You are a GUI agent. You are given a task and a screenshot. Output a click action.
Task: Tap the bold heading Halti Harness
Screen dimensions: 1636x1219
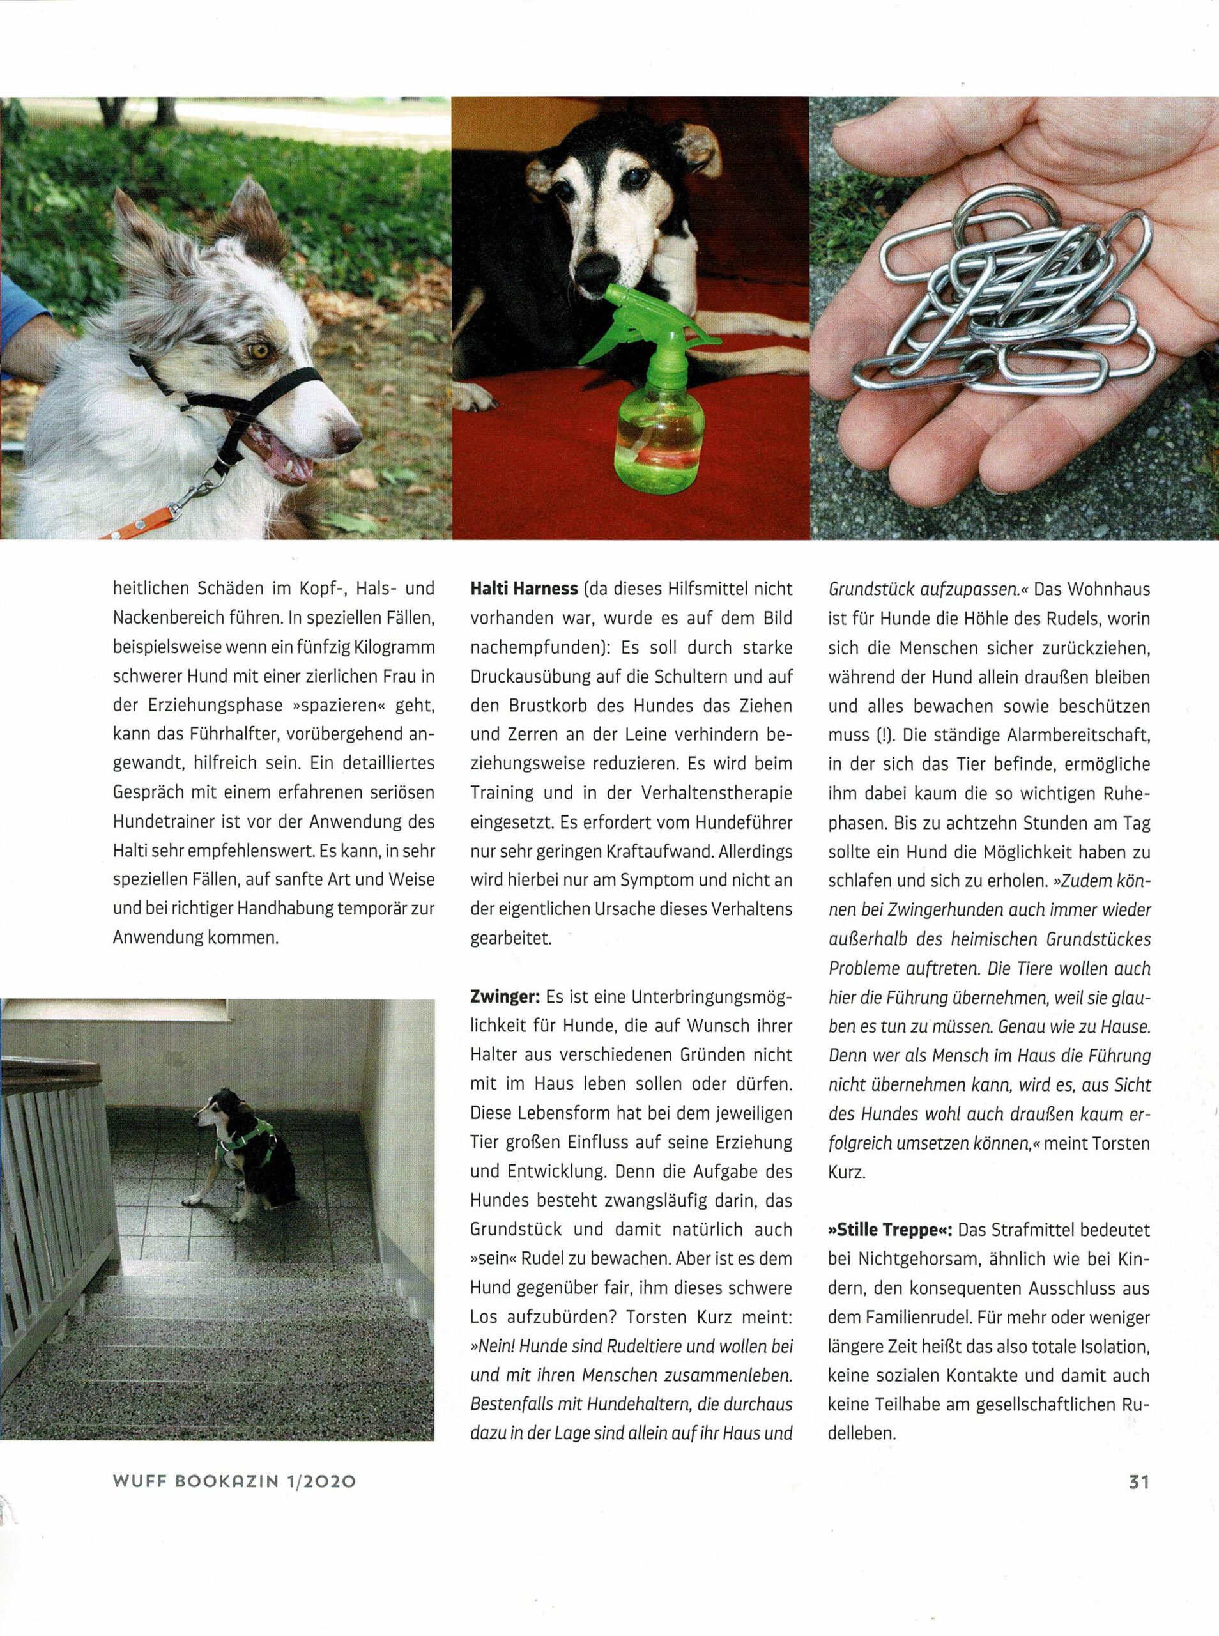(x=523, y=590)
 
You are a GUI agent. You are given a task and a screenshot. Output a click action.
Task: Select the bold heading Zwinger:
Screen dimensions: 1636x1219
(x=506, y=997)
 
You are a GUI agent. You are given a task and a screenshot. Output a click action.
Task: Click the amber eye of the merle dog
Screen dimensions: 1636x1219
(x=259, y=348)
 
